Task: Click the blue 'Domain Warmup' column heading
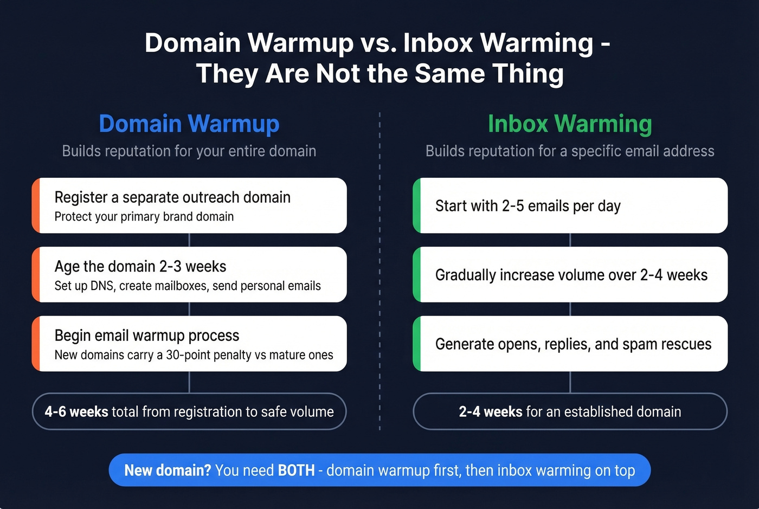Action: (x=189, y=124)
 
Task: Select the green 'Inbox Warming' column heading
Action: (x=570, y=124)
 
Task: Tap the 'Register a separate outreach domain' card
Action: (x=189, y=205)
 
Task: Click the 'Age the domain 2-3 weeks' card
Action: (x=189, y=274)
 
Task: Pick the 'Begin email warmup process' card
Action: (x=189, y=344)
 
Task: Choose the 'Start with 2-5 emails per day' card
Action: (x=570, y=205)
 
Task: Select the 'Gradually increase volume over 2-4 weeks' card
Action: (x=570, y=274)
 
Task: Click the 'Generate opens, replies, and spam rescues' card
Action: (x=570, y=344)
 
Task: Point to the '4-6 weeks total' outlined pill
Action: (x=189, y=411)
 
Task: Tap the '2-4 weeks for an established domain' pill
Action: (x=570, y=411)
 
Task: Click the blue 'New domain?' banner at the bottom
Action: (x=379, y=470)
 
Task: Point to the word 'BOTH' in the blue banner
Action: (x=296, y=470)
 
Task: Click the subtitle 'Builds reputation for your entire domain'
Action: (x=189, y=151)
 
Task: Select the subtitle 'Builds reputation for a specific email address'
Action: (x=570, y=151)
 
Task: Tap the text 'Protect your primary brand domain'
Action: (x=144, y=217)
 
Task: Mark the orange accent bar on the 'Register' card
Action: (x=36, y=205)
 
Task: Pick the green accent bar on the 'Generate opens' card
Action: (x=416, y=344)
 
